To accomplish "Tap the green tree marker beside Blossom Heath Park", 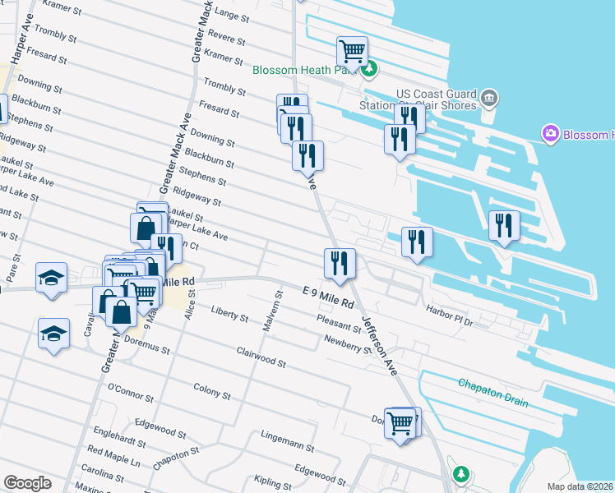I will (370, 70).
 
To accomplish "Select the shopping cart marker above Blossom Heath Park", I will (353, 52).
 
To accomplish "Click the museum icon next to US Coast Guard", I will (489, 99).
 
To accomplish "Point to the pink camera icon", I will (550, 134).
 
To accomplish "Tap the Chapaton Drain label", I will (493, 384).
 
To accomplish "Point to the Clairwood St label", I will (261, 357).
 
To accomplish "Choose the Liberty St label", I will (229, 315).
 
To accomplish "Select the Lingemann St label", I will (286, 440).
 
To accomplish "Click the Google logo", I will (27, 483).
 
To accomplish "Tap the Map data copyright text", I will (580, 486).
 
